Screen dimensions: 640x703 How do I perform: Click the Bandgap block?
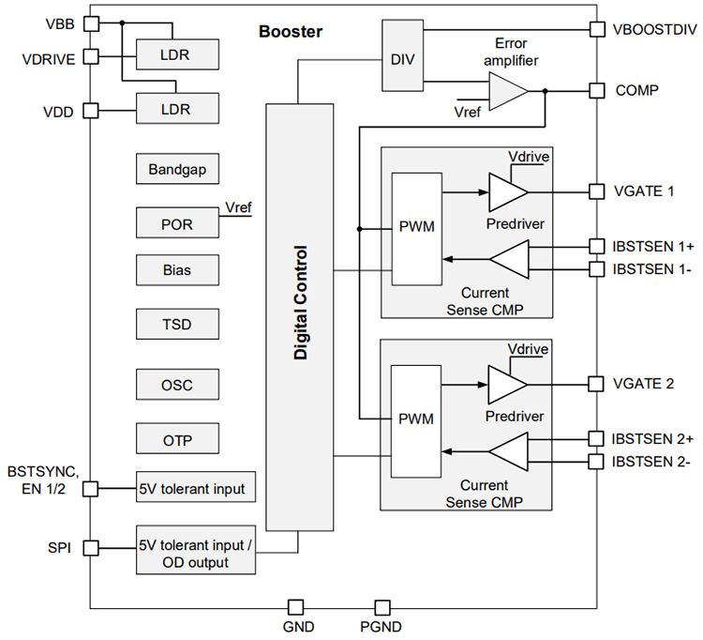coord(177,170)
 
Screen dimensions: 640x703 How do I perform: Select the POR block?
coord(177,223)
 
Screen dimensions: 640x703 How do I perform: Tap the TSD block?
coord(177,325)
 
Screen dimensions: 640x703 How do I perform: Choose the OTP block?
coord(177,437)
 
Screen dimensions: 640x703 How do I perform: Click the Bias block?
coord(177,270)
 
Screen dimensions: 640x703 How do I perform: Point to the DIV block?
coord(402,57)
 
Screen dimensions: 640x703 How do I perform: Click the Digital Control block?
coord(299,317)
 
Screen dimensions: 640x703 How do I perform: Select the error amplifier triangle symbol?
coord(507,91)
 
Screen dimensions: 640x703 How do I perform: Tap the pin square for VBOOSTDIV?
coord(596,29)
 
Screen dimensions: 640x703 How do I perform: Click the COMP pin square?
coord(596,91)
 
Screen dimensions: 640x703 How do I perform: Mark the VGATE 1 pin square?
coord(596,191)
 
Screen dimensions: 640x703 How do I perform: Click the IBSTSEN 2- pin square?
coord(596,461)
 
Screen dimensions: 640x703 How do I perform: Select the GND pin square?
coord(295,607)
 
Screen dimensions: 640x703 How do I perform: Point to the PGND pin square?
coord(381,607)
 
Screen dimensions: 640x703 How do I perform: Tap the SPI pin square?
coord(91,547)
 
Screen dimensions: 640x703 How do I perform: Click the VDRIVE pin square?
coord(91,56)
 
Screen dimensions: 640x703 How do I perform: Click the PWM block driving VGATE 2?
coord(415,419)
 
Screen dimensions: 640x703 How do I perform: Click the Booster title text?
coord(290,32)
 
